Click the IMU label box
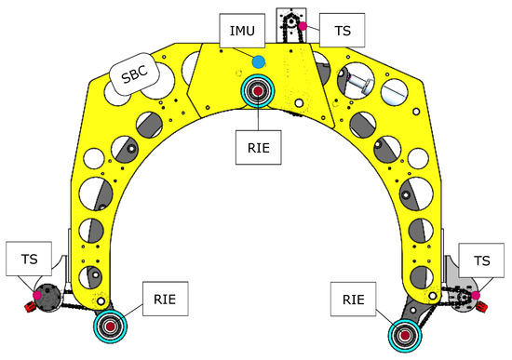tap(242, 31)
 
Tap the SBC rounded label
tap(134, 74)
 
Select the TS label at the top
tap(342, 31)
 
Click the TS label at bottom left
tap(29, 259)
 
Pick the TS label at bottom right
tap(481, 260)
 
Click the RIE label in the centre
tap(258, 148)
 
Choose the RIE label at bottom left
tap(165, 299)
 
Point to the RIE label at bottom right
tap(354, 300)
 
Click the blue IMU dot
tap(259, 62)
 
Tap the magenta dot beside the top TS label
tap(303, 26)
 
